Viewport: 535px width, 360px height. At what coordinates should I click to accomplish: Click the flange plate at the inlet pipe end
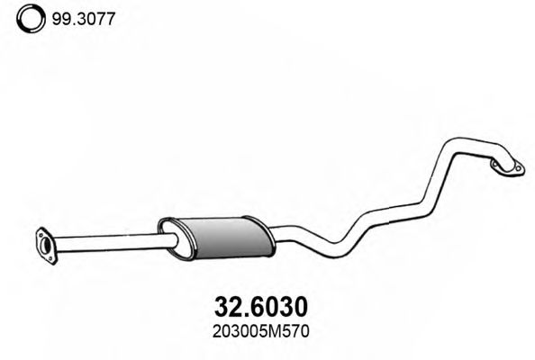(x=42, y=244)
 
